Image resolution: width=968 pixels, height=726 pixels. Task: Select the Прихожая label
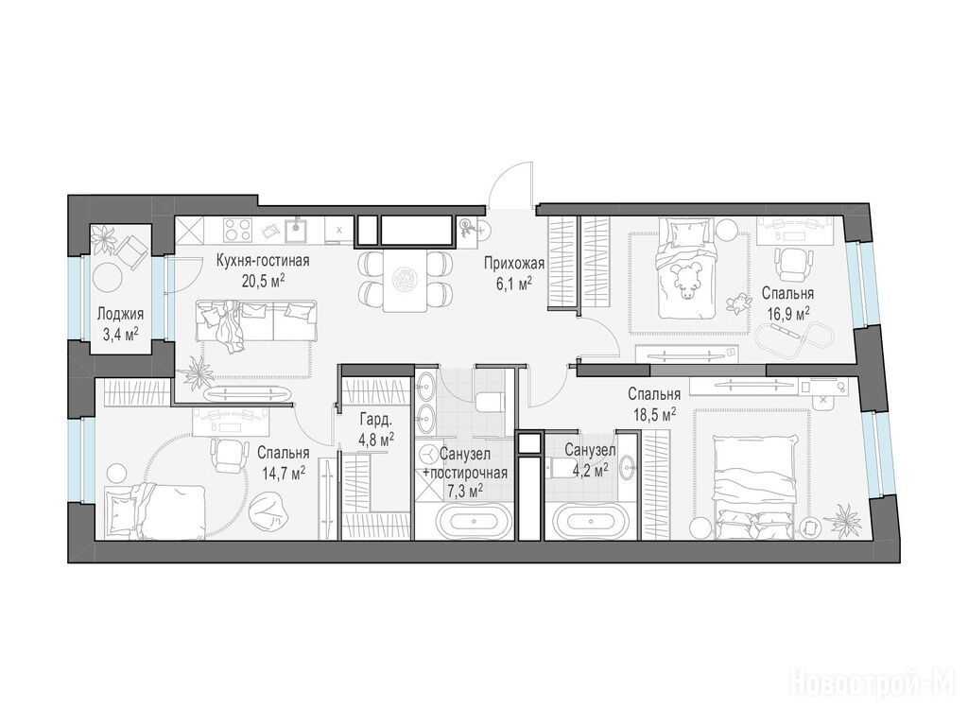[x=514, y=265]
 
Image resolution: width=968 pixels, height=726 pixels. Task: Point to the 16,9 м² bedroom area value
[x=788, y=314]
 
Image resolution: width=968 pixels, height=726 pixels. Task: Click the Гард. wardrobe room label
[x=376, y=421]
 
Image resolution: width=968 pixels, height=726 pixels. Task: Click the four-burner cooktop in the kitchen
[x=237, y=232]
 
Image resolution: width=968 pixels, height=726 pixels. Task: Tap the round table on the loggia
[x=109, y=277]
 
